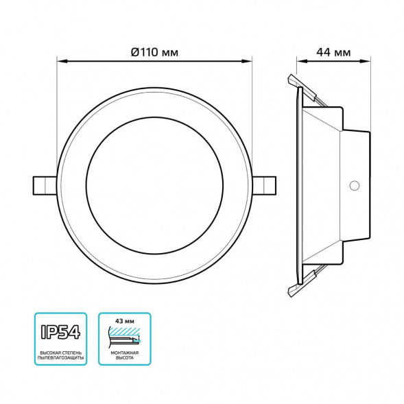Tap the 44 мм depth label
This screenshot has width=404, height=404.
coord(333,51)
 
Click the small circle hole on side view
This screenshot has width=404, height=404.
coord(355,185)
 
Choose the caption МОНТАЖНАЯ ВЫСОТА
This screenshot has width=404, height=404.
coord(123,355)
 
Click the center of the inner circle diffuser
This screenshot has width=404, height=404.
coord(154,185)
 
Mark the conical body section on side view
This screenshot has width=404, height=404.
coord(322,185)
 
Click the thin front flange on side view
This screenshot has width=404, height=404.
coord(300,185)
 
